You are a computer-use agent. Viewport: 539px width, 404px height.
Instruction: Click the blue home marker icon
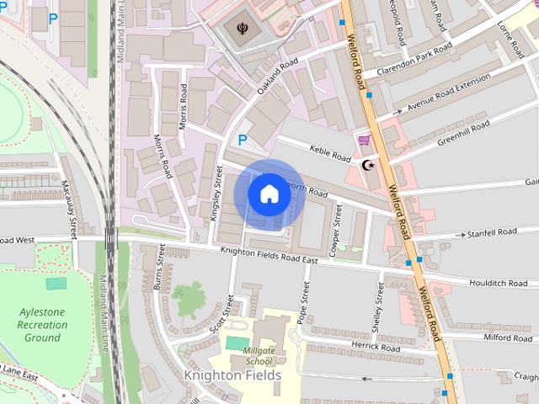[x=269, y=194]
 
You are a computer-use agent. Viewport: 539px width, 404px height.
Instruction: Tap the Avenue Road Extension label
[x=448, y=93]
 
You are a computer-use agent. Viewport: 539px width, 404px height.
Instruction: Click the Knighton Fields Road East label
[x=269, y=256]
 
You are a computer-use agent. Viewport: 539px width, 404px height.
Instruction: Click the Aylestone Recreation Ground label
[x=42, y=325]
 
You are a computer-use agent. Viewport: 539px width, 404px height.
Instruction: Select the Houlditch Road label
[x=498, y=283]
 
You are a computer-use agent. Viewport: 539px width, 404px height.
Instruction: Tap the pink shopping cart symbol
[x=363, y=140]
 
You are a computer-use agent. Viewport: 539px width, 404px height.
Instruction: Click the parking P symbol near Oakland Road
[x=243, y=141]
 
